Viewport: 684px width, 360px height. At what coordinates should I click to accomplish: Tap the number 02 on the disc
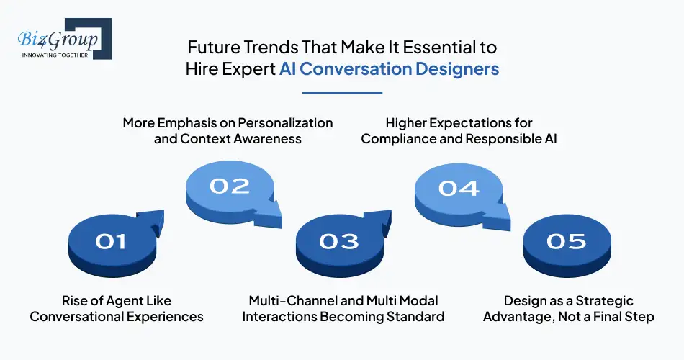click(x=229, y=186)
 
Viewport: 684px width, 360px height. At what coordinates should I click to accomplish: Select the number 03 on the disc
click(x=338, y=240)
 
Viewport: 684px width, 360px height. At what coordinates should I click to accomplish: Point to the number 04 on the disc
click(x=459, y=188)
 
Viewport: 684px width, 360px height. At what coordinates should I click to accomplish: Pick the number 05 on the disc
click(x=566, y=240)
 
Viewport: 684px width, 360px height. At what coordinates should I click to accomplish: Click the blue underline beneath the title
click(x=342, y=92)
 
